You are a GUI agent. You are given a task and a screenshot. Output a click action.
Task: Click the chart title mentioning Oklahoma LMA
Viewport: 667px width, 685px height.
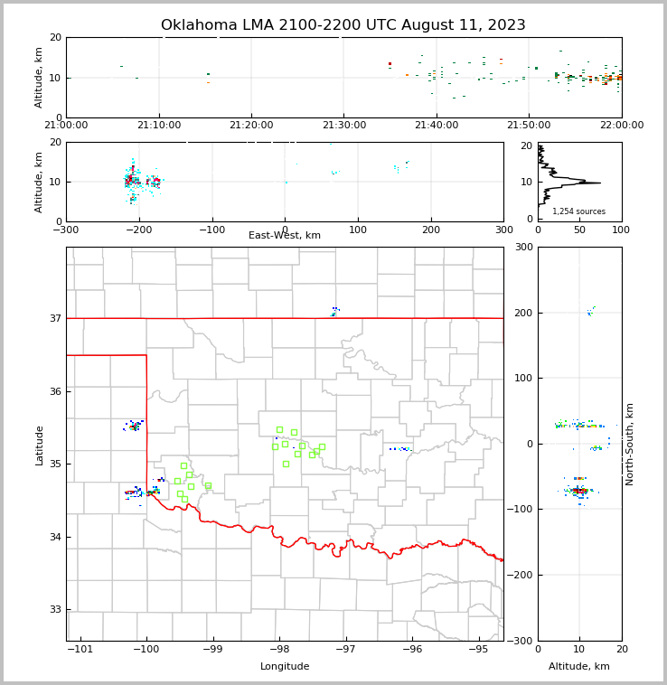coord(343,25)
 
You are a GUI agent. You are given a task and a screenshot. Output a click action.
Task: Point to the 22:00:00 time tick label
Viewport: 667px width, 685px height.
coord(621,125)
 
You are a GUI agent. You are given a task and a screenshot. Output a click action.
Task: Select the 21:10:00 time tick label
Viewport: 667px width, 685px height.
coord(159,125)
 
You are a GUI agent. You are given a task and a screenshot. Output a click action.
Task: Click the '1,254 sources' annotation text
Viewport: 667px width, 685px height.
coord(578,211)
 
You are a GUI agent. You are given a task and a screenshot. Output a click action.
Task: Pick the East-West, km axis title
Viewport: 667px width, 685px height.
coord(285,236)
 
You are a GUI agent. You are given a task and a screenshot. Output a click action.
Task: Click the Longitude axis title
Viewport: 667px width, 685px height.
coord(285,667)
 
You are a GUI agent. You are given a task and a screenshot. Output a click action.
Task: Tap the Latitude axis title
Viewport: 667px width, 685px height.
coord(40,445)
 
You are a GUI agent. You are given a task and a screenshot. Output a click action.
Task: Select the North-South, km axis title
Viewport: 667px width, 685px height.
coord(631,444)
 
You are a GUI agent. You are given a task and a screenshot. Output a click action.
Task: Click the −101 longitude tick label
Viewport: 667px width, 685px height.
coord(80,650)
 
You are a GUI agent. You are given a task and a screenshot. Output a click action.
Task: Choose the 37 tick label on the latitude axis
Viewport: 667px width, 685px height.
coord(54,319)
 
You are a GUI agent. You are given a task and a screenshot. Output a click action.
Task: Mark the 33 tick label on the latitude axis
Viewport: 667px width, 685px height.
coord(54,610)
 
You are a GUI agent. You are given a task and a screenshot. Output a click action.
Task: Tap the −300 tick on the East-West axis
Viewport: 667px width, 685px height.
coord(66,230)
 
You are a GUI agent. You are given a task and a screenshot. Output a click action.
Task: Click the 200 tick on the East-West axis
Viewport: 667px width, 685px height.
coord(431,230)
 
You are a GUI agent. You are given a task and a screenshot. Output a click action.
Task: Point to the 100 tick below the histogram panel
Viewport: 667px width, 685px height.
coord(621,230)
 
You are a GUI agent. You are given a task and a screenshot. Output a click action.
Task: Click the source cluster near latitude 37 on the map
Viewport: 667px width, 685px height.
coord(334,312)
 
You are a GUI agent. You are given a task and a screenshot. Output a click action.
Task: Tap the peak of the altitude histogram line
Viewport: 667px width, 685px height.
coord(599,183)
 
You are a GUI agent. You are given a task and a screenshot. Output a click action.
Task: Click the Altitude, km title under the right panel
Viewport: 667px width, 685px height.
coord(579,667)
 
